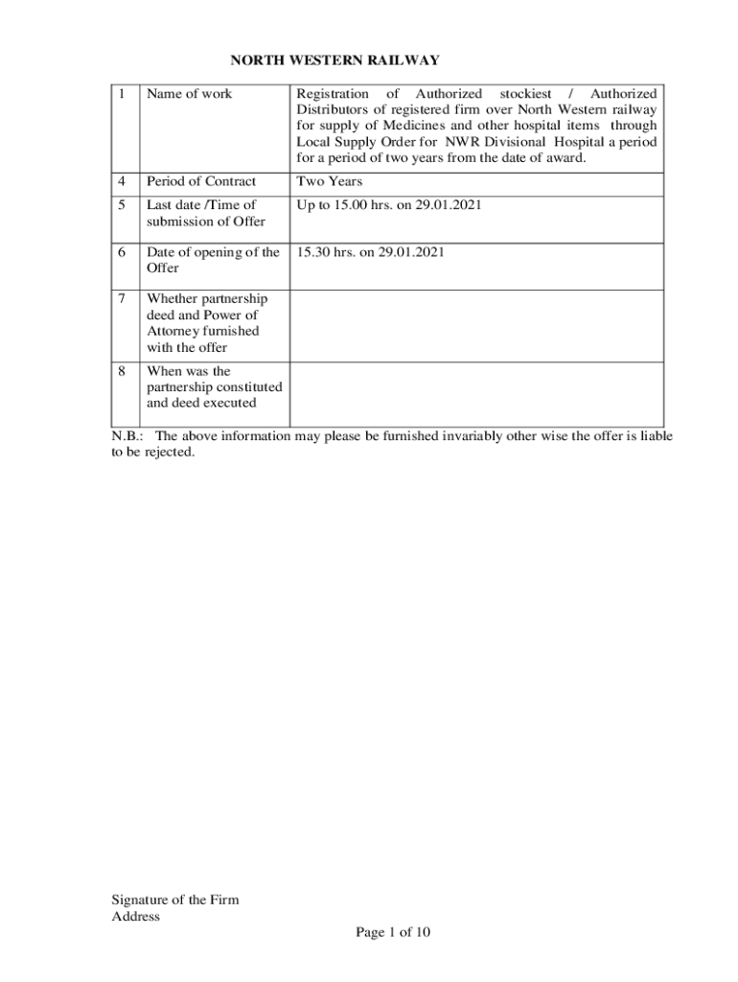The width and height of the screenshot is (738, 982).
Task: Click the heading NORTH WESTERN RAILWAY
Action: pyautogui.click(x=334, y=60)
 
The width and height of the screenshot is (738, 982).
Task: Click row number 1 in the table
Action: pyautogui.click(x=122, y=94)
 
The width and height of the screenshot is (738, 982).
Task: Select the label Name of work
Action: pyautogui.click(x=189, y=94)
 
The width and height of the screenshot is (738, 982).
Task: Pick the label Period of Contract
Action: pyautogui.click(x=201, y=180)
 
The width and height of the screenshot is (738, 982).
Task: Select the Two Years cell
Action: pyautogui.click(x=330, y=180)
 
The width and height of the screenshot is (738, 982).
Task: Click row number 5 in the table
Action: pyautogui.click(x=122, y=204)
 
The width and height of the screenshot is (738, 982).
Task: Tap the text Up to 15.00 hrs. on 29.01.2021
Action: pyautogui.click(x=383, y=204)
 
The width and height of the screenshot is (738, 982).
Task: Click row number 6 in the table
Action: pyautogui.click(x=122, y=252)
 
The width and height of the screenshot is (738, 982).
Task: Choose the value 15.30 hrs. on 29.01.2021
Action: pyautogui.click(x=370, y=252)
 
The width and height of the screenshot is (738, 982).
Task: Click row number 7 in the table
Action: pyautogui.click(x=122, y=299)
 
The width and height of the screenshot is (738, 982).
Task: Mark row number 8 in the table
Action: pyautogui.click(x=122, y=371)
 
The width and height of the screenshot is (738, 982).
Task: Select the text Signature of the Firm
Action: pyautogui.click(x=175, y=900)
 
